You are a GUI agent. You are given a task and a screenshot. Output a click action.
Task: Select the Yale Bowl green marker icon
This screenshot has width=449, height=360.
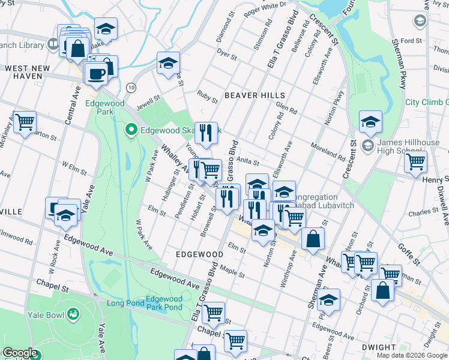tap(73, 314)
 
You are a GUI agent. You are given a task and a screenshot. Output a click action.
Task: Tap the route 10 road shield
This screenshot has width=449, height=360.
tap(131, 88)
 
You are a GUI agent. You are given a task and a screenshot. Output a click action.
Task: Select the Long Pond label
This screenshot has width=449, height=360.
tap(125, 303)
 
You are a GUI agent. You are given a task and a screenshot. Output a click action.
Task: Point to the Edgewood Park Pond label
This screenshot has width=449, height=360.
tap(164, 303)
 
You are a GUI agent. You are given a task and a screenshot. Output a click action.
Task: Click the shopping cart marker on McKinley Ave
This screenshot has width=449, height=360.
tap(25, 122)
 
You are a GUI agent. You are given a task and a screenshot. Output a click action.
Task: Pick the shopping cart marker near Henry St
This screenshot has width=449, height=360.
tap(415, 161)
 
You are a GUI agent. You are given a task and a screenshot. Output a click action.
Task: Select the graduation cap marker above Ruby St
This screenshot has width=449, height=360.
tap(169, 62)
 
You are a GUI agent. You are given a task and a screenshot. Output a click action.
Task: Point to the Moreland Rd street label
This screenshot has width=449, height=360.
tap(328, 152)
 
